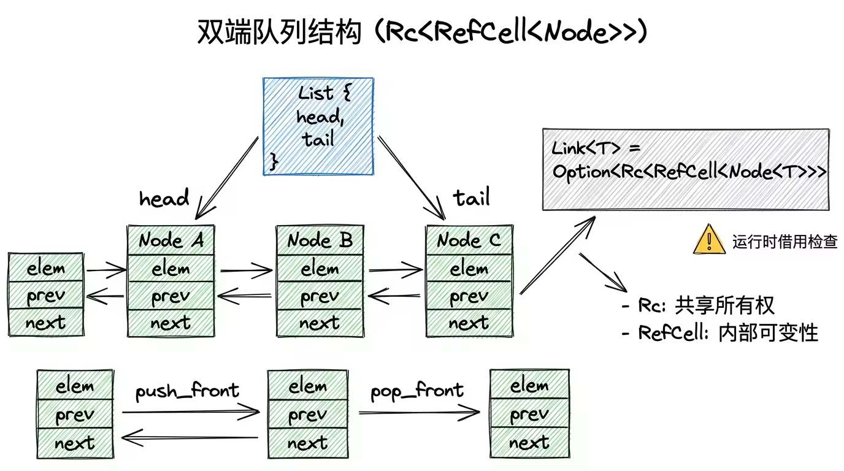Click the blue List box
click(x=318, y=126)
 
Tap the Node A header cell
click(x=171, y=240)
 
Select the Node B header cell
click(x=320, y=240)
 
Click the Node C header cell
click(x=469, y=240)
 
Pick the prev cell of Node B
click(x=320, y=297)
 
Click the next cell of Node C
click(x=469, y=323)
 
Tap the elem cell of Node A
click(x=171, y=269)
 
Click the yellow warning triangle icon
click(x=709, y=239)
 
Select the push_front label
click(x=187, y=391)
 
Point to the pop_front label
click(x=417, y=391)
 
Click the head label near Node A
click(x=164, y=199)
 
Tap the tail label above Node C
click(x=472, y=198)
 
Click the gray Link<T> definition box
click(x=686, y=169)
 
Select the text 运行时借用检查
click(x=785, y=241)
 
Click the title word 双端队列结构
click(x=279, y=32)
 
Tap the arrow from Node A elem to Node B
click(x=246, y=269)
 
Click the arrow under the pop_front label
click(x=419, y=413)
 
